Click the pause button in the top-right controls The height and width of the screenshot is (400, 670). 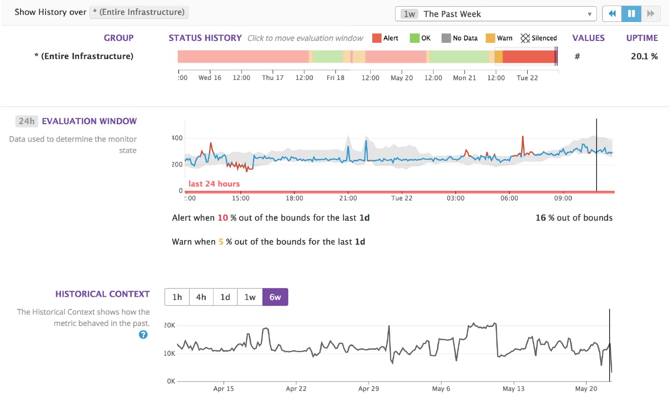click(631, 13)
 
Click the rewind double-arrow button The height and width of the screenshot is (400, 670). click(612, 13)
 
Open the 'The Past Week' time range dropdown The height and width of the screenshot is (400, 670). click(496, 14)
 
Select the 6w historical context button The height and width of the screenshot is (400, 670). click(275, 297)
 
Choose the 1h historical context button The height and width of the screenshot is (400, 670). click(177, 297)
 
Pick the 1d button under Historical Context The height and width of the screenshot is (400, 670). click(225, 297)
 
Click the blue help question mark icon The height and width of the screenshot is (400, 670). click(143, 335)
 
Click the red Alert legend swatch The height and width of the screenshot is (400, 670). click(377, 38)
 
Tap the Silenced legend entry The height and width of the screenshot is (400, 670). click(539, 38)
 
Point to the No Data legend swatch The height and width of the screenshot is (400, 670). click(446, 38)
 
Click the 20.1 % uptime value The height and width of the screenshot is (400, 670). click(644, 56)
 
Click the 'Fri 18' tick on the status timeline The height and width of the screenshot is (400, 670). click(335, 78)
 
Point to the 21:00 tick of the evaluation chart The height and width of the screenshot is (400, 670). click(348, 198)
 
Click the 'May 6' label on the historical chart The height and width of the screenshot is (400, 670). click(441, 389)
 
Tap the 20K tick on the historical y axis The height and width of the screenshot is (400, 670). click(169, 325)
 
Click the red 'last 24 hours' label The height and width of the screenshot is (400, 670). click(214, 184)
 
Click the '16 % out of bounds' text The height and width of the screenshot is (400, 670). click(574, 218)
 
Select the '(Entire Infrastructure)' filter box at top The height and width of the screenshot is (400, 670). click(139, 12)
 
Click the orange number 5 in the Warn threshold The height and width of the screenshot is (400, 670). click(221, 242)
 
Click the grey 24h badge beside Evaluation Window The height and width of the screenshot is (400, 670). click(27, 121)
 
